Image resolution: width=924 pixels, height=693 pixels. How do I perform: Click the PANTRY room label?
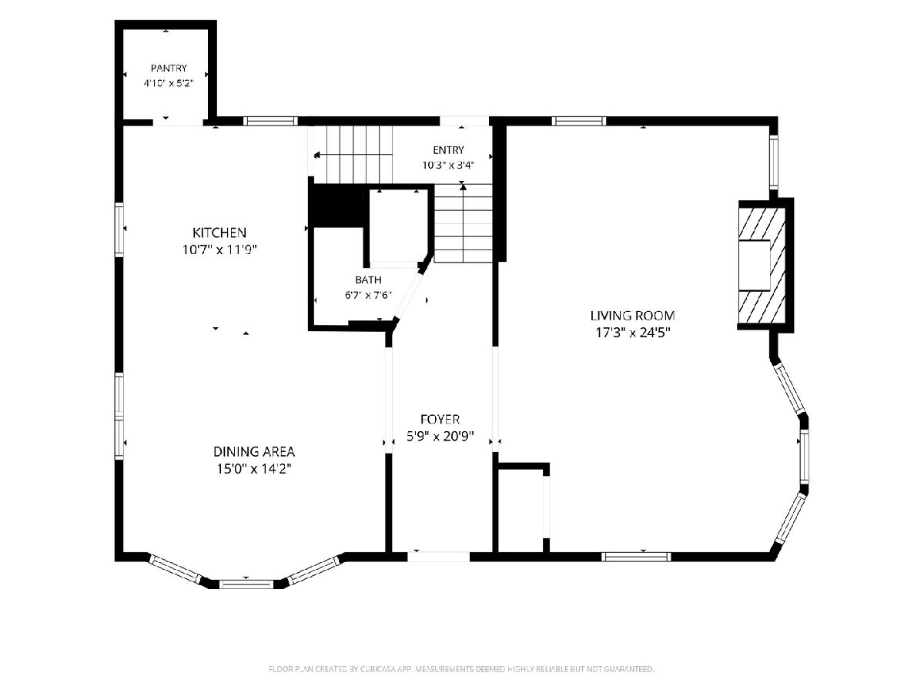click(x=169, y=69)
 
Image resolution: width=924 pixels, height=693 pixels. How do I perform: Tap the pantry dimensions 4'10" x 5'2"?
click(x=169, y=83)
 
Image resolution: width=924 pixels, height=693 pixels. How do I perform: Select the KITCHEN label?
click(x=219, y=233)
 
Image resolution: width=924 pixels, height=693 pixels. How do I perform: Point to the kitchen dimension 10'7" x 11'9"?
click(x=219, y=250)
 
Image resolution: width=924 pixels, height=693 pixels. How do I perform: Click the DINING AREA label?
click(x=254, y=451)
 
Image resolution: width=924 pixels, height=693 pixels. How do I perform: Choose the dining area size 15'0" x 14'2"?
click(x=254, y=469)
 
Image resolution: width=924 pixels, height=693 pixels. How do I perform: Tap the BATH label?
click(x=368, y=280)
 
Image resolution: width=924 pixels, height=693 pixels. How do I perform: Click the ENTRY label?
click(x=448, y=150)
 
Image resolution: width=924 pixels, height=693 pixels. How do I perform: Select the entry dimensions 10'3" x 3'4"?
click(x=448, y=165)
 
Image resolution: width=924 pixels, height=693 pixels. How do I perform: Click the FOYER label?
click(x=440, y=419)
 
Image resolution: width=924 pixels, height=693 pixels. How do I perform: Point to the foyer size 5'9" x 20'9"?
click(x=440, y=437)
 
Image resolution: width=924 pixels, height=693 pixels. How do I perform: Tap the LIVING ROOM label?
click(x=632, y=315)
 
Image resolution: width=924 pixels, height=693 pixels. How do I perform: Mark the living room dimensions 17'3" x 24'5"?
click(x=632, y=333)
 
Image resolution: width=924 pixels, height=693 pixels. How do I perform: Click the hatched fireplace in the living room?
click(x=762, y=265)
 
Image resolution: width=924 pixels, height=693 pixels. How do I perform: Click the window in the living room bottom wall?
click(x=636, y=557)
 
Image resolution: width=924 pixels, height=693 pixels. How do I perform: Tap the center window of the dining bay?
click(x=246, y=584)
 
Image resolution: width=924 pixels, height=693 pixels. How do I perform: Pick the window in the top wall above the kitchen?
click(x=270, y=121)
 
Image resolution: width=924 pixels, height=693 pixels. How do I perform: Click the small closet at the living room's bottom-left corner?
click(x=521, y=510)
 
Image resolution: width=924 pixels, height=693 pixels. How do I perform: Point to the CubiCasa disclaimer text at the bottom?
click(x=461, y=668)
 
